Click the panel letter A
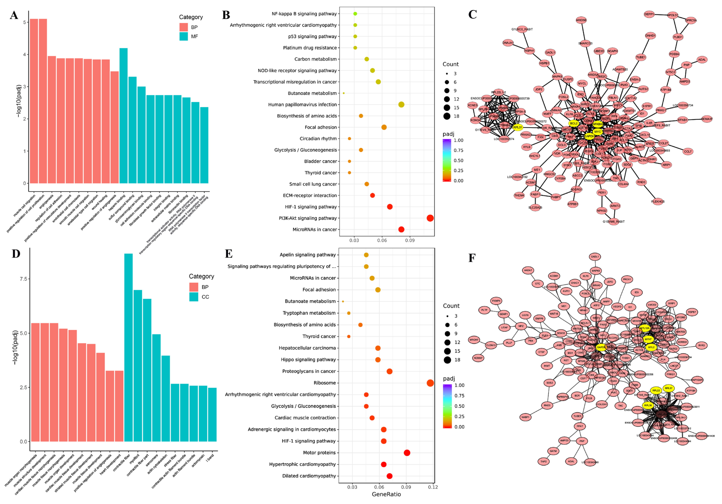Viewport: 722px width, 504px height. (14, 15)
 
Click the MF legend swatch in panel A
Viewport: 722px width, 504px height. (184, 36)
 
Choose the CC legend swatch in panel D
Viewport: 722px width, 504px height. (194, 297)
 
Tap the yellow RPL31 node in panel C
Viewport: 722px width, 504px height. (517, 127)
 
